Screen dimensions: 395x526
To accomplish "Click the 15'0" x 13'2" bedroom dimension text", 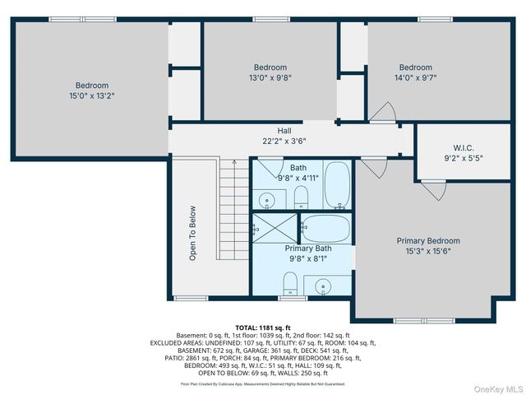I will click(x=92, y=95).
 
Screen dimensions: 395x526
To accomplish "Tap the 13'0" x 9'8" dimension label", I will click(x=270, y=78).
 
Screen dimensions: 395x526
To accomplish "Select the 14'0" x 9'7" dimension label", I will click(x=415, y=78).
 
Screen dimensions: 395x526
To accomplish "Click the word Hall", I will click(x=284, y=131).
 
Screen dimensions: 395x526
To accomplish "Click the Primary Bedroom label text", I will click(x=428, y=241).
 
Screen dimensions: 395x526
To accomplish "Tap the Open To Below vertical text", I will click(x=193, y=233).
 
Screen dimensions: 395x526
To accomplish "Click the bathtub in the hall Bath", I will click(x=337, y=185).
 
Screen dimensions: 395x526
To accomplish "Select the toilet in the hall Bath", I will click(x=301, y=196).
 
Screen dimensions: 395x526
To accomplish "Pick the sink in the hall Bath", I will click(x=267, y=199).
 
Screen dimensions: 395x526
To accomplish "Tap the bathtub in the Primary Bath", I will click(x=327, y=228).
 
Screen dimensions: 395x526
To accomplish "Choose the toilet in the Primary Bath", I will click(x=289, y=285).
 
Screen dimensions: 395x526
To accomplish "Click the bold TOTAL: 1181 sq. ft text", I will click(x=263, y=328).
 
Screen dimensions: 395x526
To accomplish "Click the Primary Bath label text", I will click(x=307, y=248).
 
